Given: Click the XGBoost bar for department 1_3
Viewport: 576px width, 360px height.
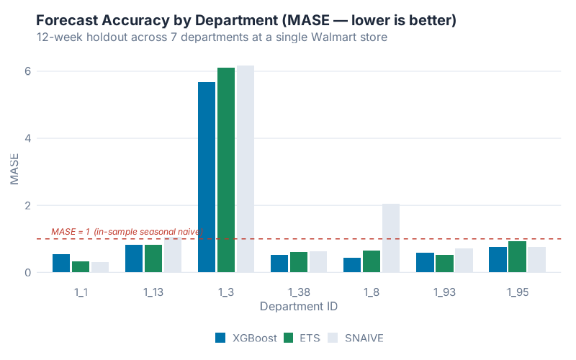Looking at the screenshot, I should click(x=207, y=177).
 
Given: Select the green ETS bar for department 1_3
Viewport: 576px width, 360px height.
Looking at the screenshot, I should click(x=226, y=170).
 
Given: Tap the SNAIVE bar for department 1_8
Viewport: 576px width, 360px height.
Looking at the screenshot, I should click(x=390, y=238).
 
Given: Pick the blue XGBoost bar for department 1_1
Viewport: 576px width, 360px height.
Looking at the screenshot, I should click(x=61, y=264).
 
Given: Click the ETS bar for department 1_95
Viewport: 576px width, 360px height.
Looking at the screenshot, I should click(x=517, y=257).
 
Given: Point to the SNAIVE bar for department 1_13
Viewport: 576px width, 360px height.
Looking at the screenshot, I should click(x=173, y=256).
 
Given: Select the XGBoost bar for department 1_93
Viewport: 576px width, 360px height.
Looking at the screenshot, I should click(x=425, y=263).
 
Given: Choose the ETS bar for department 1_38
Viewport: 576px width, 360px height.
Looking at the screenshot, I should click(x=299, y=262).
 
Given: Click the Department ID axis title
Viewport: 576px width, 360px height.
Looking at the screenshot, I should click(x=299, y=306).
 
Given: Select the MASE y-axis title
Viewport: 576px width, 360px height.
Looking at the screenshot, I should click(x=14, y=172).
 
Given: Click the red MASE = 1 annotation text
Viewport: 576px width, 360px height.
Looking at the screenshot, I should click(x=127, y=231).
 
